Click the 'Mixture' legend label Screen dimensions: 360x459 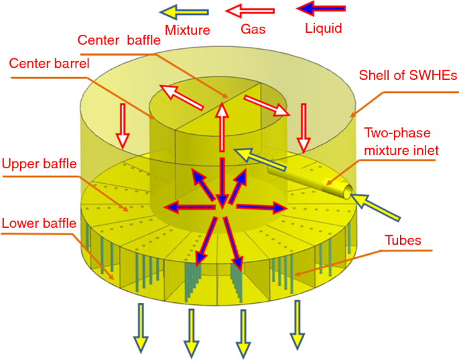tap(187, 29)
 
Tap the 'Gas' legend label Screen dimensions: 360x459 tap(253, 29)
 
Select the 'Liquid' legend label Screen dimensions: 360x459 tap(323, 28)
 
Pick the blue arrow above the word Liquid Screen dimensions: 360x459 tap(321, 9)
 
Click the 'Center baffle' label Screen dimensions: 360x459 tap(119, 40)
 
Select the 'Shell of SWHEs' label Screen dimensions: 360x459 tap(408, 75)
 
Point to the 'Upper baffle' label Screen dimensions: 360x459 tap(39, 164)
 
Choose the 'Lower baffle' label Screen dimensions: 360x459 tap(38, 222)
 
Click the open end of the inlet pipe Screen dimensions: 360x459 tap(347, 192)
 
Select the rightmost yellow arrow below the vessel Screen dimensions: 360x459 tap(296, 325)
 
